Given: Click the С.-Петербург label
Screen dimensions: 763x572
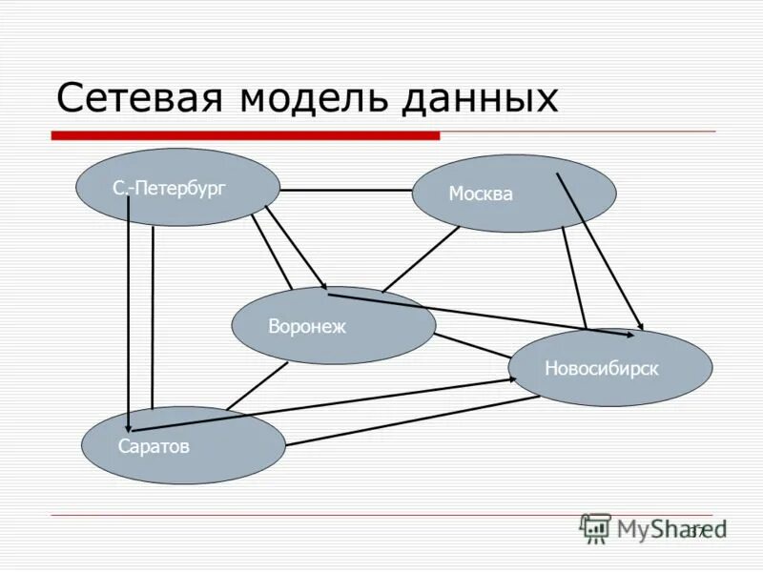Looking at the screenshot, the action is point(169,189).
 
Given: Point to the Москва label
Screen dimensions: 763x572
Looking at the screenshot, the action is point(481,194).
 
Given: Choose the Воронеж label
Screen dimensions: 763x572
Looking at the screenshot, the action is point(307,327).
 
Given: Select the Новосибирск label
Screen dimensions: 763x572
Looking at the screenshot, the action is point(602,368).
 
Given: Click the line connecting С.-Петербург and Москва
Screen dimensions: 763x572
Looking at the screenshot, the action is point(345,190).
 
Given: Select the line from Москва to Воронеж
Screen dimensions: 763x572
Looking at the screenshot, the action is point(420,258).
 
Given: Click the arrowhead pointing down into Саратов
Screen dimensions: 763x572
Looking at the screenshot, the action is point(129,423).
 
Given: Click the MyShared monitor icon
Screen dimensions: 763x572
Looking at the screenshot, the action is point(595,528).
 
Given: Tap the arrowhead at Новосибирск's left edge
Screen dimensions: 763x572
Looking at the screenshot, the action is point(512,378).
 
